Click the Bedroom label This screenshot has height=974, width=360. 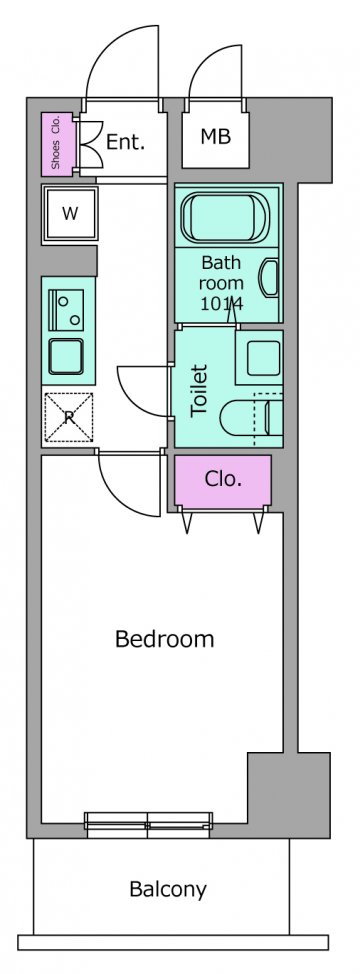tap(164, 639)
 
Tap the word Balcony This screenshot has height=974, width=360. tap(168, 890)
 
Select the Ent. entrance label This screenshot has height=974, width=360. tap(125, 142)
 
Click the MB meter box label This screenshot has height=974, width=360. tap(215, 136)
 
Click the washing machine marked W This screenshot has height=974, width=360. tap(70, 214)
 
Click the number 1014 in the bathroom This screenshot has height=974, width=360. tap(221, 304)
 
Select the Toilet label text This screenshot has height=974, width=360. tap(199, 390)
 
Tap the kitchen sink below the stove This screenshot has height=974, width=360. tap(66, 357)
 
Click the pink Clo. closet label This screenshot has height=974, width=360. tap(223, 479)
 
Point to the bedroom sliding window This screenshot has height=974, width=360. tap(148, 824)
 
